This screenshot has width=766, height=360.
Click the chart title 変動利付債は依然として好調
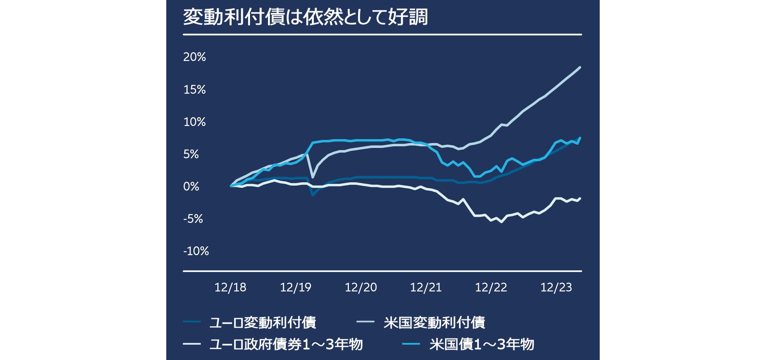(305, 17)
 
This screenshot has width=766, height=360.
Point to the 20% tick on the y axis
(195, 57)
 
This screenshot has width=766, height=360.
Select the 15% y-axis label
(195, 90)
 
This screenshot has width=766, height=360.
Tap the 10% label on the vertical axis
(195, 122)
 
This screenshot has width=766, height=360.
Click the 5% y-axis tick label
(191, 154)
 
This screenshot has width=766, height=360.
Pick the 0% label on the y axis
(191, 187)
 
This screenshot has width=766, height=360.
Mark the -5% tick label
(193, 219)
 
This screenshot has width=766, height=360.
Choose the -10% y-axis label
(196, 251)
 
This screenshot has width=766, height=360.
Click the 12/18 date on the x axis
(230, 287)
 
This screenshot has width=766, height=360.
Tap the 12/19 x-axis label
(295, 287)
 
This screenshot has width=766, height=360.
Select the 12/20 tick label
(361, 287)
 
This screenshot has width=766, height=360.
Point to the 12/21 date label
(426, 287)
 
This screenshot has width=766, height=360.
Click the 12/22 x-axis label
(491, 287)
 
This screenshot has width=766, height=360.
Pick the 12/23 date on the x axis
(556, 287)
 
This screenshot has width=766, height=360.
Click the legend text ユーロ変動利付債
(263, 323)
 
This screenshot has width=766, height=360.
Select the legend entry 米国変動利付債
(434, 323)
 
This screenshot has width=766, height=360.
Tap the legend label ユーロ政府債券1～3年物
(286, 344)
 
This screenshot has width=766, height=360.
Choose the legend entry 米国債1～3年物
(482, 344)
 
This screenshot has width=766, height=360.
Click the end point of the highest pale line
(580, 67)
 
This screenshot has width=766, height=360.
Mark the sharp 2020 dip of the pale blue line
(313, 177)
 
